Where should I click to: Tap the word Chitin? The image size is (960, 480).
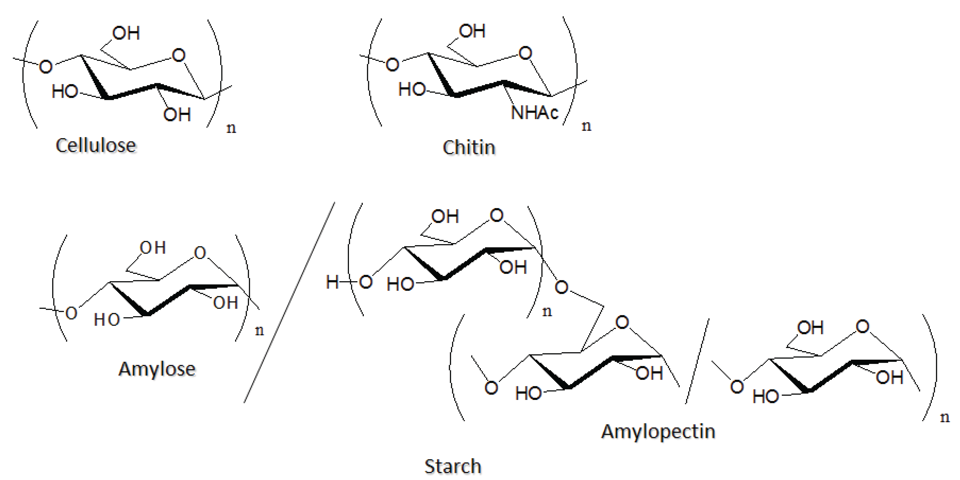[x=469, y=148]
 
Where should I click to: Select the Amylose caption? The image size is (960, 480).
[x=157, y=369]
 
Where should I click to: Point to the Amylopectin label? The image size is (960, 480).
[x=658, y=431]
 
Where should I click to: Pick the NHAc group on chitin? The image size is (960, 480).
[x=534, y=112]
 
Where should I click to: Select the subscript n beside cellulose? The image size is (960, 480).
[x=231, y=128]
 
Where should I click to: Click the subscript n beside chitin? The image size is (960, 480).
[x=586, y=126]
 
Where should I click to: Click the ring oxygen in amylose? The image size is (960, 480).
[x=200, y=253]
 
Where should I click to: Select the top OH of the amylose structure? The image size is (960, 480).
[x=153, y=247]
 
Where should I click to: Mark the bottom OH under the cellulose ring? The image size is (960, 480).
[x=177, y=114]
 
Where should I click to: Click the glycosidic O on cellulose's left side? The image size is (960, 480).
[x=46, y=67]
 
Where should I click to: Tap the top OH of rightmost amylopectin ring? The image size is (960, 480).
[x=810, y=328]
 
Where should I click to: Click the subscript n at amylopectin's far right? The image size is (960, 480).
[x=944, y=417]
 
